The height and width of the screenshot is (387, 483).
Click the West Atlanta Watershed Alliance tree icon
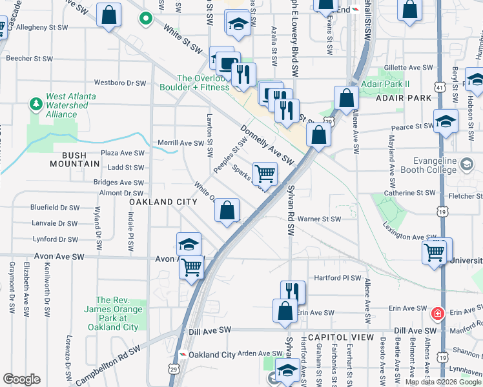pos(36,103)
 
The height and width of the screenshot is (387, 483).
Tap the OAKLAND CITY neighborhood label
pos(163,202)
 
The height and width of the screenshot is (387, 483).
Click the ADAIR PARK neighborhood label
pos(406,98)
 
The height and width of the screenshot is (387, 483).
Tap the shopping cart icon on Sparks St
pos(265,173)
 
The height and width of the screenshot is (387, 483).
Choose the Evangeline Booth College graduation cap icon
pos(465,164)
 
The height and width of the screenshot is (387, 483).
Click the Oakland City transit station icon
pos(183,354)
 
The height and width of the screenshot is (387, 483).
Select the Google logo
pos(21,379)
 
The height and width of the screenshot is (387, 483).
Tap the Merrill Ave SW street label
pos(181,143)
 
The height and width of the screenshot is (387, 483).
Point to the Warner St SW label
pos(318,219)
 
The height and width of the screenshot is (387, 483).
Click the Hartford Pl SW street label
pos(336,278)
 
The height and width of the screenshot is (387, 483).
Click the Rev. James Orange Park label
pos(116,313)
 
